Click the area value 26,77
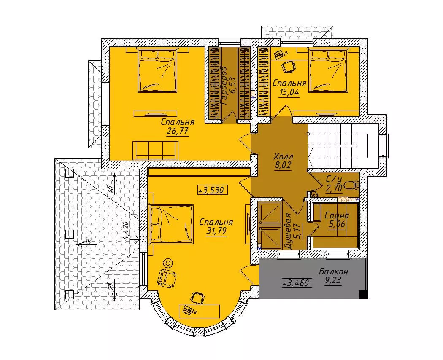[x=178, y=132]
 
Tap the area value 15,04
[x=289, y=93]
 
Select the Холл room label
[x=284, y=156]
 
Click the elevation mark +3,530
[x=213, y=191]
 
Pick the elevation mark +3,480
[x=297, y=282]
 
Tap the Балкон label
[x=333, y=271]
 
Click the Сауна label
[x=337, y=216]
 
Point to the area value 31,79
[x=216, y=231]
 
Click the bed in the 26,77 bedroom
[x=157, y=70]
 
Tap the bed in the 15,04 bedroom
[x=328, y=70]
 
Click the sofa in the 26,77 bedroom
[x=156, y=150]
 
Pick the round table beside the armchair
[x=168, y=263]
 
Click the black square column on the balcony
[x=363, y=294]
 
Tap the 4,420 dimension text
[x=126, y=231]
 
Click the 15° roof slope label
[x=89, y=242]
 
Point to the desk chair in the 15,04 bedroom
[x=289, y=67]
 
